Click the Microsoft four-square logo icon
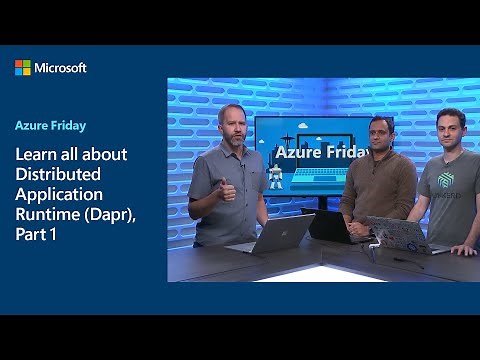tap(23, 67)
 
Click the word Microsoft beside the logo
tap(61, 67)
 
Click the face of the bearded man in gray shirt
tap(229, 127)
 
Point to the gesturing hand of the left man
tap(228, 188)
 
